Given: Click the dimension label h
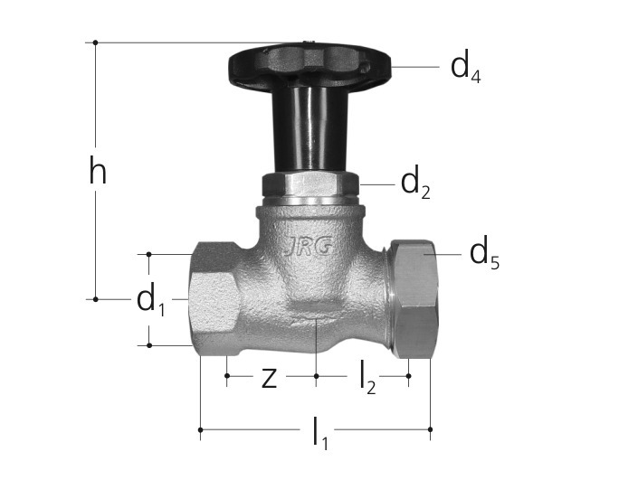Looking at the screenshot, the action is coord(98,170).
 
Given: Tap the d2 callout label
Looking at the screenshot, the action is coord(415,184).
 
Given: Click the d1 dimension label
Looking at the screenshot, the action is coord(150,300).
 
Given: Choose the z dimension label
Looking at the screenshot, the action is coord(270,378).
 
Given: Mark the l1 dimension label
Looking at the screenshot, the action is coord(320,433).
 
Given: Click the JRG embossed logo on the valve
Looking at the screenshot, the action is coord(309,248).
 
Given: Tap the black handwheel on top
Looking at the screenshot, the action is coord(309,66).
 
